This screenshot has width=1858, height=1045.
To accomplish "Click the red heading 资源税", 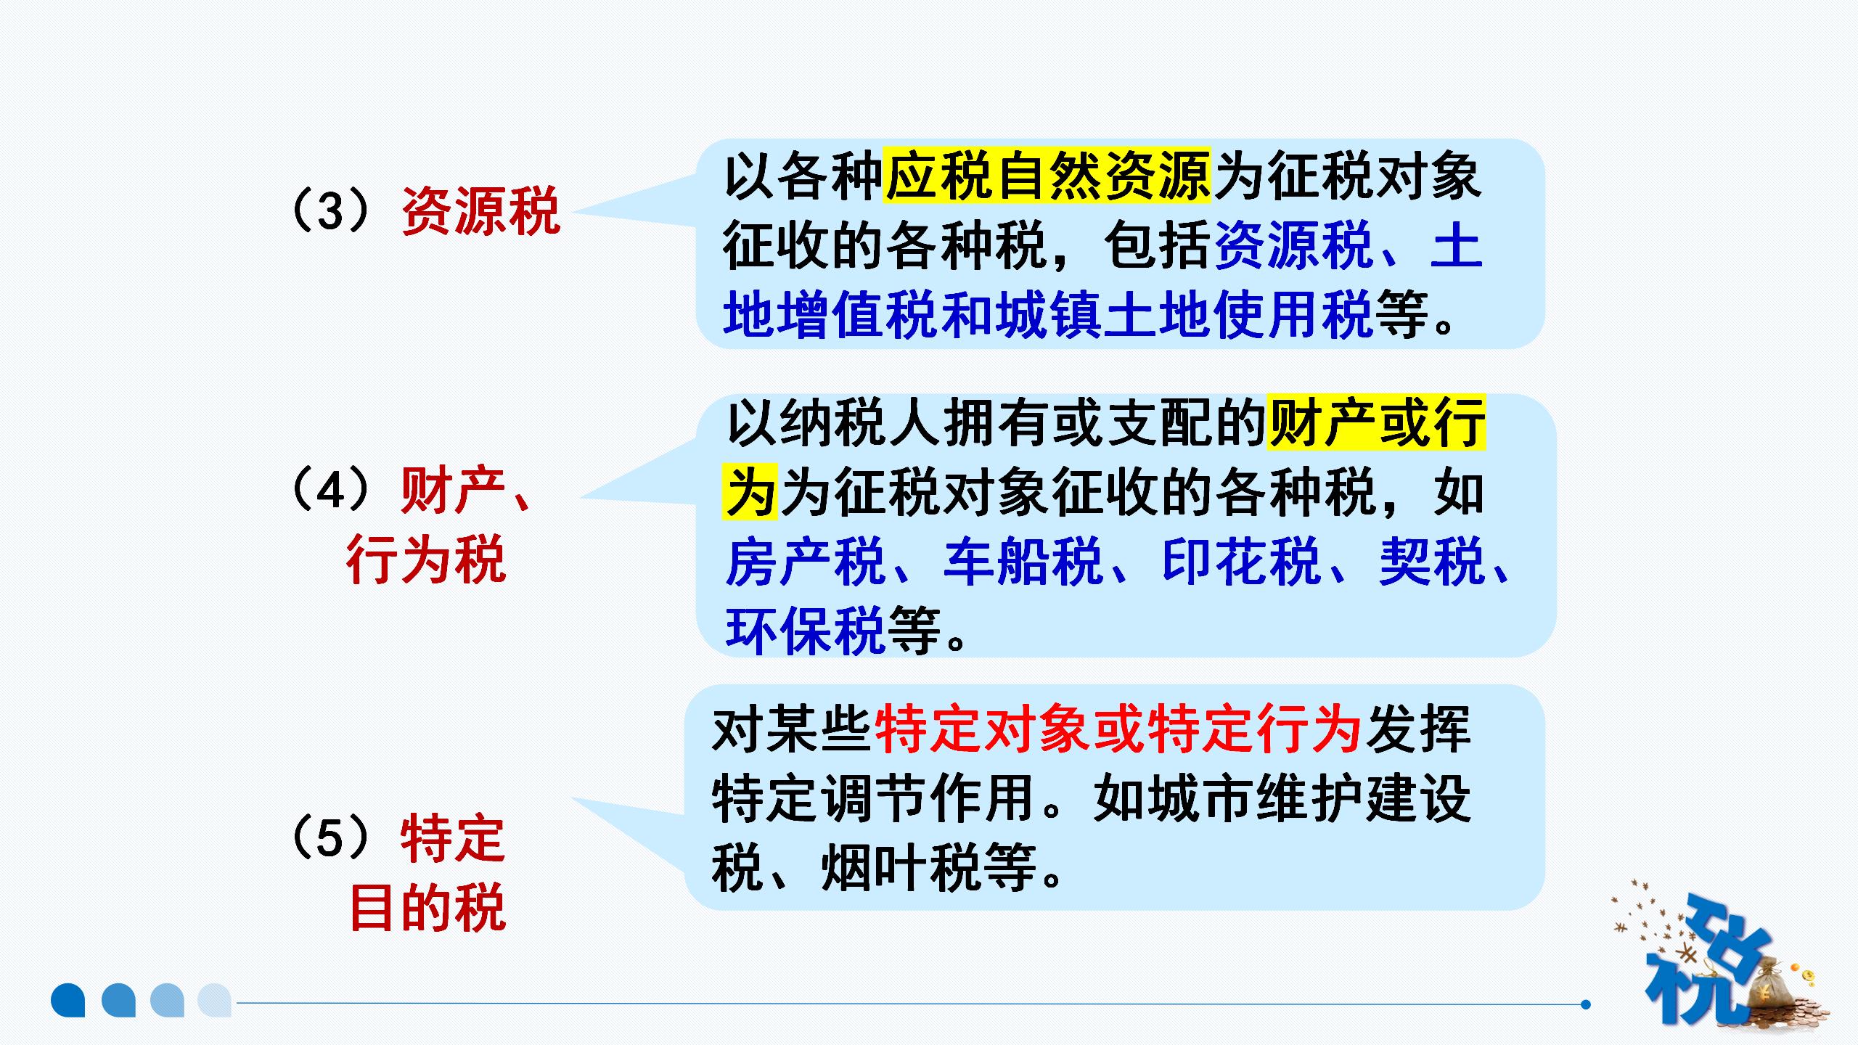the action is point(480,211).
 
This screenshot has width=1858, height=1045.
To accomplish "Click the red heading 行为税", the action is point(426,561).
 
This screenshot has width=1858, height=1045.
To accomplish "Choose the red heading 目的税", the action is point(427,908).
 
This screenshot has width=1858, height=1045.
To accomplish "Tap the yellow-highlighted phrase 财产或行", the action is point(1376,423).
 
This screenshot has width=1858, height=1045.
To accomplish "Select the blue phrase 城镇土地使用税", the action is point(1184,315).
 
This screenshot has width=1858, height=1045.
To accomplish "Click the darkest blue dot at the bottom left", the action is point(68,1000).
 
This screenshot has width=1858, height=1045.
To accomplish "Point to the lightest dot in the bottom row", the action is point(215,1000).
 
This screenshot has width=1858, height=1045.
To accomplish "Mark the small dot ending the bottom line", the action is point(1586,1004).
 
